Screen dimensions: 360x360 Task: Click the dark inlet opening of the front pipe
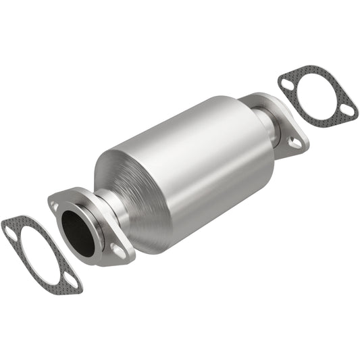coord(78,234)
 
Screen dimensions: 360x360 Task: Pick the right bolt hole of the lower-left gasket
coord(70,280)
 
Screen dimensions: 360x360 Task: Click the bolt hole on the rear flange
coord(295,142)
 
